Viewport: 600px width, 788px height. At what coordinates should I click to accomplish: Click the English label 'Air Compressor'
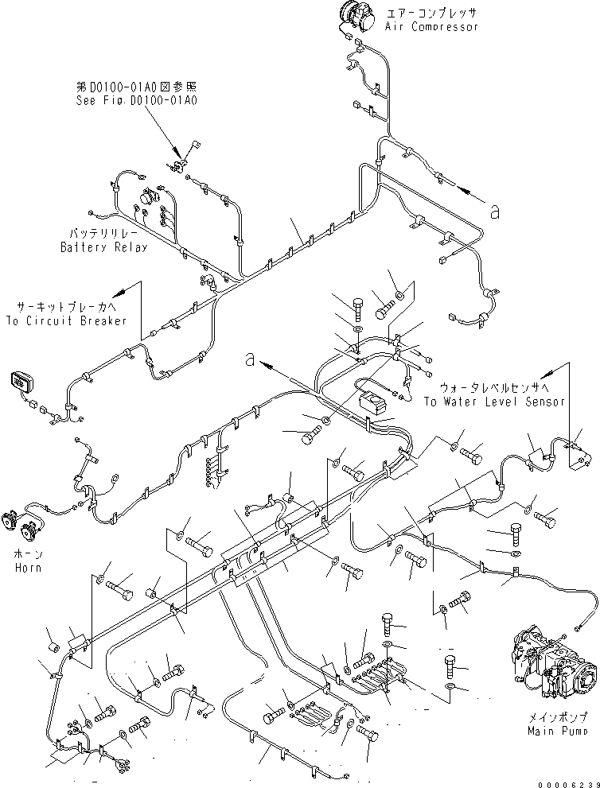431,27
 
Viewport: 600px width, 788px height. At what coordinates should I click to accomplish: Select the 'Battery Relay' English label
104,247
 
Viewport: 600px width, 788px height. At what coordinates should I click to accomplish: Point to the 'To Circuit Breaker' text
67,320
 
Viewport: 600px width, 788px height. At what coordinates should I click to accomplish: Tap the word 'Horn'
27,568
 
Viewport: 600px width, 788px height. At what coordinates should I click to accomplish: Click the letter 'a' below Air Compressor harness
495,212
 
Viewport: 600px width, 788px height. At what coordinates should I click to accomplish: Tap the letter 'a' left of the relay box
251,360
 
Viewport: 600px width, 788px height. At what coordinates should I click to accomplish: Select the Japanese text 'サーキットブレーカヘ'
67,307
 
